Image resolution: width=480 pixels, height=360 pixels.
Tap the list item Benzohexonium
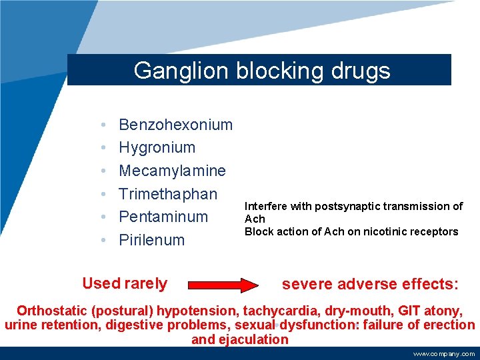pos(175,125)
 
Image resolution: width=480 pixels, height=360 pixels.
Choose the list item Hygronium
pos(157,148)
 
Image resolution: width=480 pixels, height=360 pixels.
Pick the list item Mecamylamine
pos(172,171)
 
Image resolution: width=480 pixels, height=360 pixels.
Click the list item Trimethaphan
pos(168,194)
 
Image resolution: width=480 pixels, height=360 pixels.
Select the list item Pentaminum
pos(163,217)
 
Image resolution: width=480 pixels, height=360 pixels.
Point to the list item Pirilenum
pos(151,240)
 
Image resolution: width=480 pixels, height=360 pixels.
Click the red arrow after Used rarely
pos(223,285)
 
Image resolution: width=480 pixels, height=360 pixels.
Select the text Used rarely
pos(125,283)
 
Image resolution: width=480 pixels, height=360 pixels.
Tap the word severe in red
pos(307,285)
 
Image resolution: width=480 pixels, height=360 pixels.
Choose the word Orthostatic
pos(57,311)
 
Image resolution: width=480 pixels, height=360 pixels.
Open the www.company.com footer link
pos(443,354)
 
